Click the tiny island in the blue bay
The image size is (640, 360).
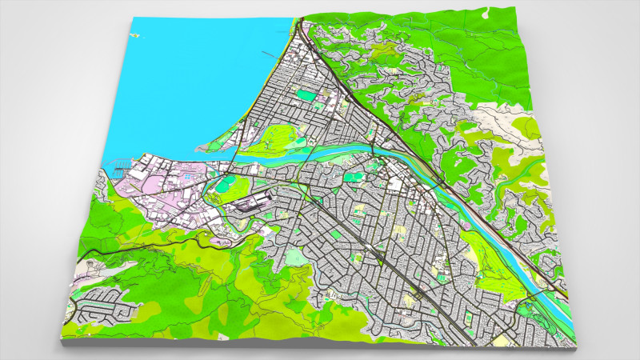click(x=138, y=35)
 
